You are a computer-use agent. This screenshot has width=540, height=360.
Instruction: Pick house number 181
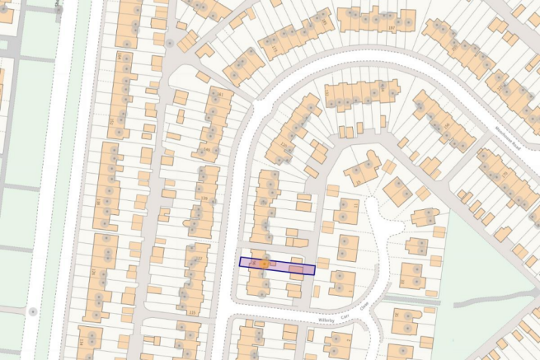click(x=220, y=96)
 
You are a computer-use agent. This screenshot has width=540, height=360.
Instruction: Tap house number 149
click(x=207, y=150)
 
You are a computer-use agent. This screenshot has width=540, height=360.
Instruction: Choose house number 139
click(x=204, y=199)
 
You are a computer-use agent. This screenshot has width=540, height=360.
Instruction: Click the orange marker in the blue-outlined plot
click(x=264, y=264)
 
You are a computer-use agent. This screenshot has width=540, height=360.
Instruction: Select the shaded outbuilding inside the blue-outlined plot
click(x=302, y=269)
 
